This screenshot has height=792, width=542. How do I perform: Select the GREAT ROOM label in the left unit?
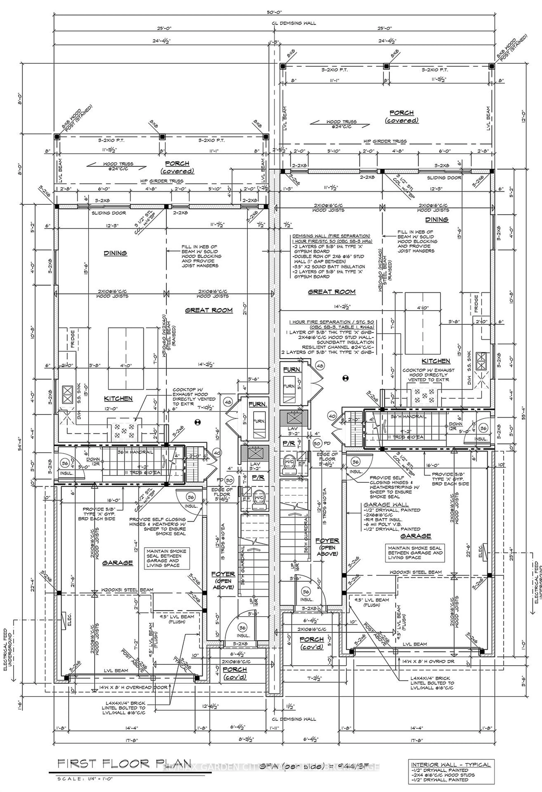[209, 310]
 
